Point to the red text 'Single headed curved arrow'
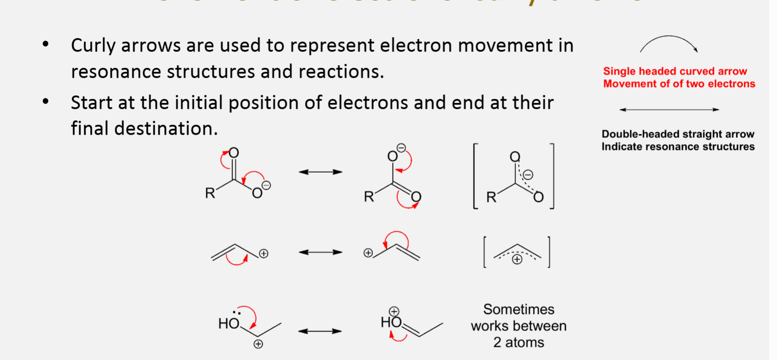point(675,71)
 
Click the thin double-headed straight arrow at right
point(669,109)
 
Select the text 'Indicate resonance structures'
point(678,147)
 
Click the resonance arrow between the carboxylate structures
point(321,172)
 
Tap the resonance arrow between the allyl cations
point(321,252)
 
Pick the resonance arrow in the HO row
point(320,331)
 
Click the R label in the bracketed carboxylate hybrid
point(491,197)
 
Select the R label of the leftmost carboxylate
point(210,193)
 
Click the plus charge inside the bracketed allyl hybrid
point(517,259)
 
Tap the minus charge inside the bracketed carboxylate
point(528,175)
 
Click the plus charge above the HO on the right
point(394,311)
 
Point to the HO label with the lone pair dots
point(229,323)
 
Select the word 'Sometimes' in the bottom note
point(519,309)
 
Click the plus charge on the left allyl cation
point(263,253)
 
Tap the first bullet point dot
point(45,44)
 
